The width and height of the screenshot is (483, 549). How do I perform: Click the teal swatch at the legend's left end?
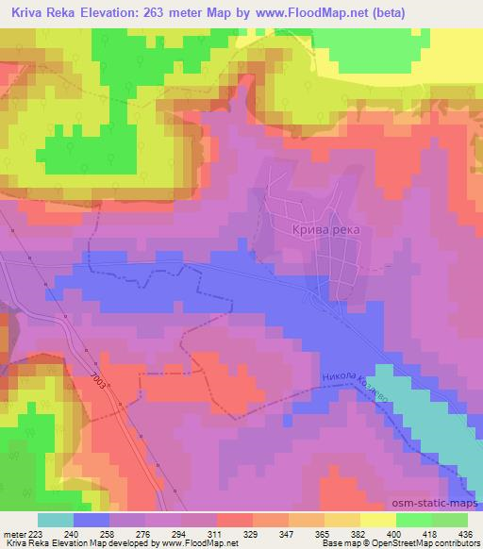click(56, 521)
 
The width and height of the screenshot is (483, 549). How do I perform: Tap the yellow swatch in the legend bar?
click(377, 521)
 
